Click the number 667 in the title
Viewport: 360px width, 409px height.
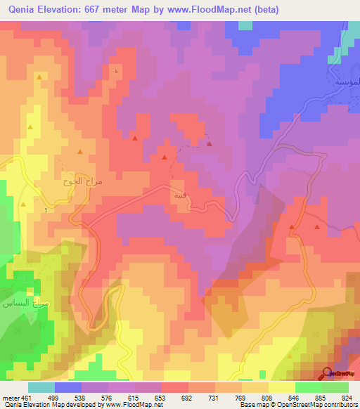point(105,10)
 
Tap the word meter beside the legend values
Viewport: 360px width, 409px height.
point(10,398)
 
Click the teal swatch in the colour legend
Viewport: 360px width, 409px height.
point(41,387)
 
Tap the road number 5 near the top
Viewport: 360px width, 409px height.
point(116,72)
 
